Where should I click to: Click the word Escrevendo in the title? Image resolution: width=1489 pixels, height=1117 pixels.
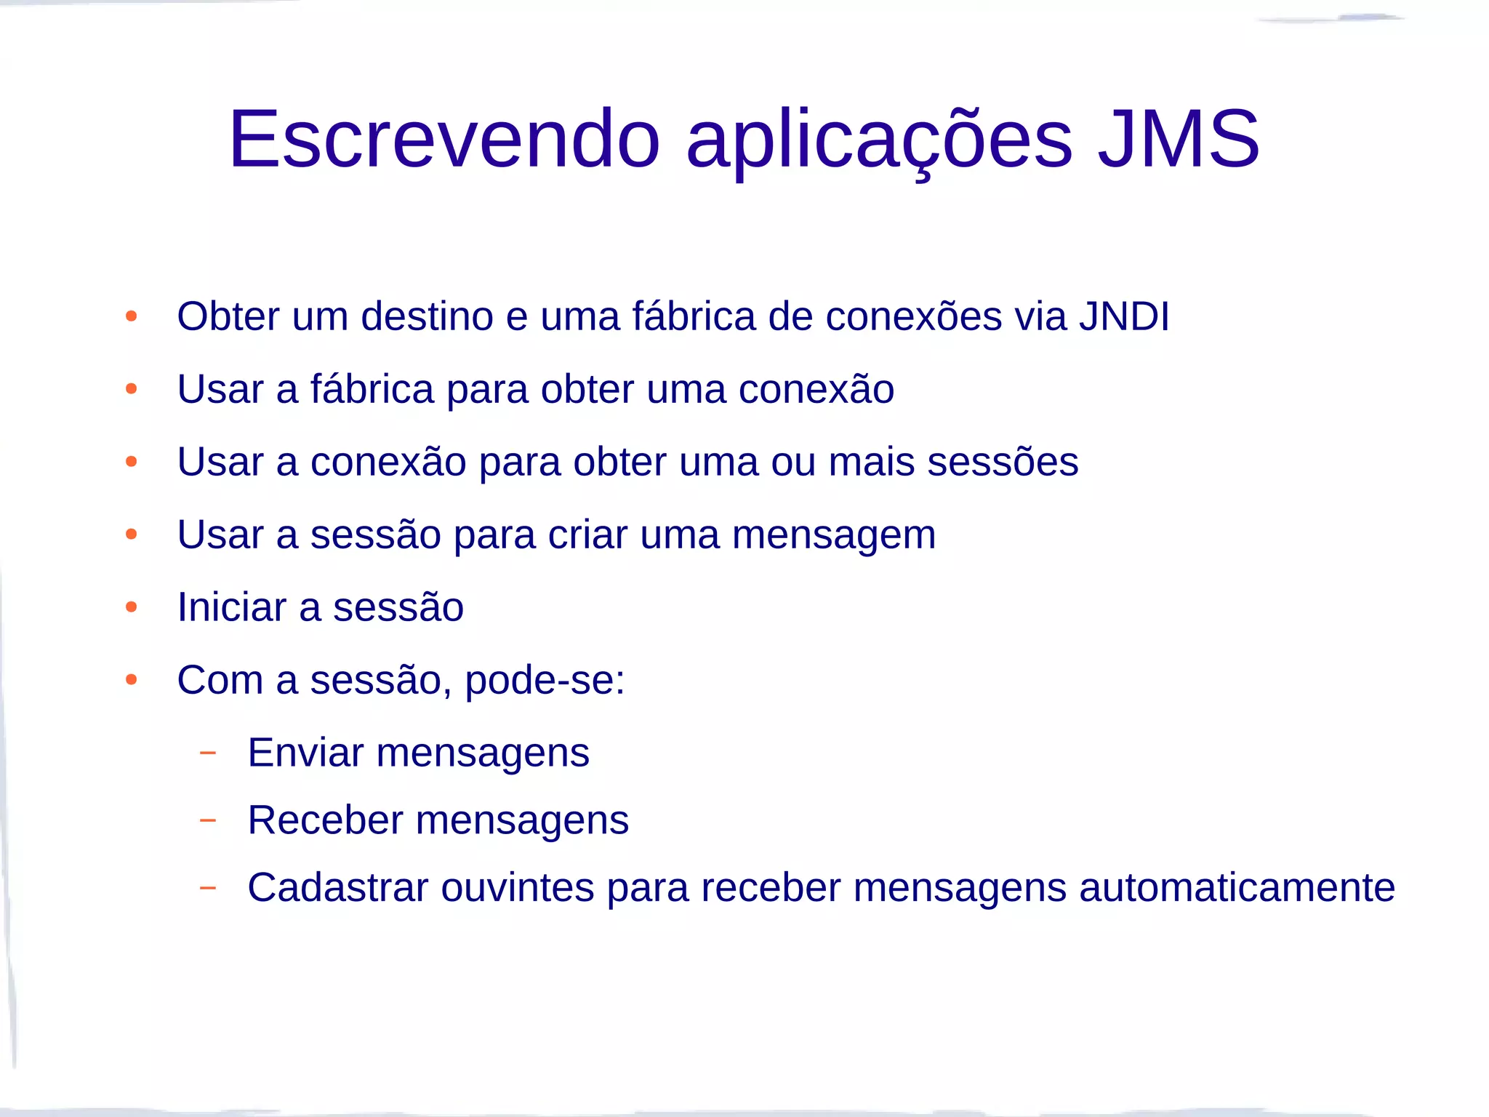(x=444, y=139)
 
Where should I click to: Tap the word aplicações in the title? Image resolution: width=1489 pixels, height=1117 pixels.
(x=879, y=139)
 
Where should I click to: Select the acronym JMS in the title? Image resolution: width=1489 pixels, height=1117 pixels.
(x=1179, y=139)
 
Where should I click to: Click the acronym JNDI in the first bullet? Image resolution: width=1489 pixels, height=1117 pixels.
(x=1124, y=316)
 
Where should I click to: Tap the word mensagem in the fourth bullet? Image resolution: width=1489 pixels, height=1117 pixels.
(x=833, y=535)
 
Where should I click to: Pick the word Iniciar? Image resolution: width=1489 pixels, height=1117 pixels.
(x=232, y=607)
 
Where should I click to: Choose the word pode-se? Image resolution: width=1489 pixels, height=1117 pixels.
(x=545, y=681)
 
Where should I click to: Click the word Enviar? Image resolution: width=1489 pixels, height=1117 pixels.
(x=305, y=753)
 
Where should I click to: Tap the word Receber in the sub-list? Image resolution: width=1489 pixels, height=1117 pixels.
(x=325, y=820)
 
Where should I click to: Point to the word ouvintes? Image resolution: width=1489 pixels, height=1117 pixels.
(x=518, y=888)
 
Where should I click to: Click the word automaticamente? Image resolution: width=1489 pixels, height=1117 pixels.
(x=1237, y=888)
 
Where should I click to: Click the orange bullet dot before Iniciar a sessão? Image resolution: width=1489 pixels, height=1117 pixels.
(x=132, y=607)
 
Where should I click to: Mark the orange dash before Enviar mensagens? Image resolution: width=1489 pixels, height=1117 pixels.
(x=208, y=753)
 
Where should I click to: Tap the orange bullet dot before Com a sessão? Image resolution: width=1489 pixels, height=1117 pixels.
(x=132, y=680)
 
